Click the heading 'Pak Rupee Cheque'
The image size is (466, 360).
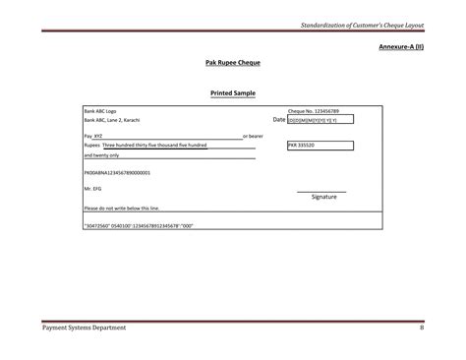pos(232,62)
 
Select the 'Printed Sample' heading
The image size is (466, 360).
pos(232,93)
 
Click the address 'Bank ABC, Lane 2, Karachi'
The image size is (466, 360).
pos(112,120)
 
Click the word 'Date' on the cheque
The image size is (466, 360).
pos(278,120)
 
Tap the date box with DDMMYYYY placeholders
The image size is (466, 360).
pos(320,120)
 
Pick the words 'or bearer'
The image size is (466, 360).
pos(253,136)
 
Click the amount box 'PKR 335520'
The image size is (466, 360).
pos(320,145)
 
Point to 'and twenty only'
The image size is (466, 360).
pos(102,155)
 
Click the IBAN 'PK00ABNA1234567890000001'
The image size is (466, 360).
pos(117,172)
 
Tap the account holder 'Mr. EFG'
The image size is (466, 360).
pos(93,188)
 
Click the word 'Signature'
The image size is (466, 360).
pos(324,197)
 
